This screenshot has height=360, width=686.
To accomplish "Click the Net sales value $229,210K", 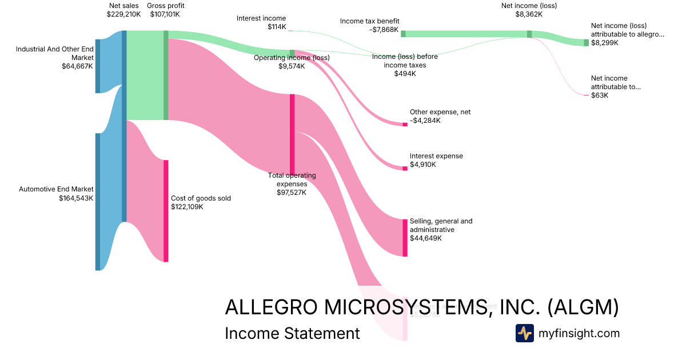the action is point(123,14).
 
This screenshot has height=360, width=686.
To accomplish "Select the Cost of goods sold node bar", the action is point(166,211).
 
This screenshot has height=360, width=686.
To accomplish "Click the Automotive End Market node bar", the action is point(98,202).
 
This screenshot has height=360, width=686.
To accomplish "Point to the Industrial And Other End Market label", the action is point(55,58).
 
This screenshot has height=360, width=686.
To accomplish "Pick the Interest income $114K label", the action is point(261,23).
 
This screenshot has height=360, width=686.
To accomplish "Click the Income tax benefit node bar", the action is point(403,34).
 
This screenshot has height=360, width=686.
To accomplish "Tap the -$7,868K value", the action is point(384,30).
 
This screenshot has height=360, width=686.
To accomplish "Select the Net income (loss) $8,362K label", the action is point(529,10).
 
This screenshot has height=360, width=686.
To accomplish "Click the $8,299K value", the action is point(604,43).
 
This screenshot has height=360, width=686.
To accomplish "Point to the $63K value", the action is point(600,95).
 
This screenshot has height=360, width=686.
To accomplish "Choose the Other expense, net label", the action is point(440,112).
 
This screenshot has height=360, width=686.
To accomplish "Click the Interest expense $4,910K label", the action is point(436,160).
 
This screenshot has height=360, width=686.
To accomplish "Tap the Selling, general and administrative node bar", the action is point(405,237).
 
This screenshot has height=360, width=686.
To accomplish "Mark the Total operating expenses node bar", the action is point(292,134).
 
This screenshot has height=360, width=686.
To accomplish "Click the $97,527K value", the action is point(292,193).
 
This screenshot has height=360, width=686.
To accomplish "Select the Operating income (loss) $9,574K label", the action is point(292,62).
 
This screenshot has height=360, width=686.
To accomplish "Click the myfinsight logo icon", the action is point(524,333).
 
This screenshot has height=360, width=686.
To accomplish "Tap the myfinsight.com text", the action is point(579,333).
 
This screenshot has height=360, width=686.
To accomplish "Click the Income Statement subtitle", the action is point(292,333).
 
